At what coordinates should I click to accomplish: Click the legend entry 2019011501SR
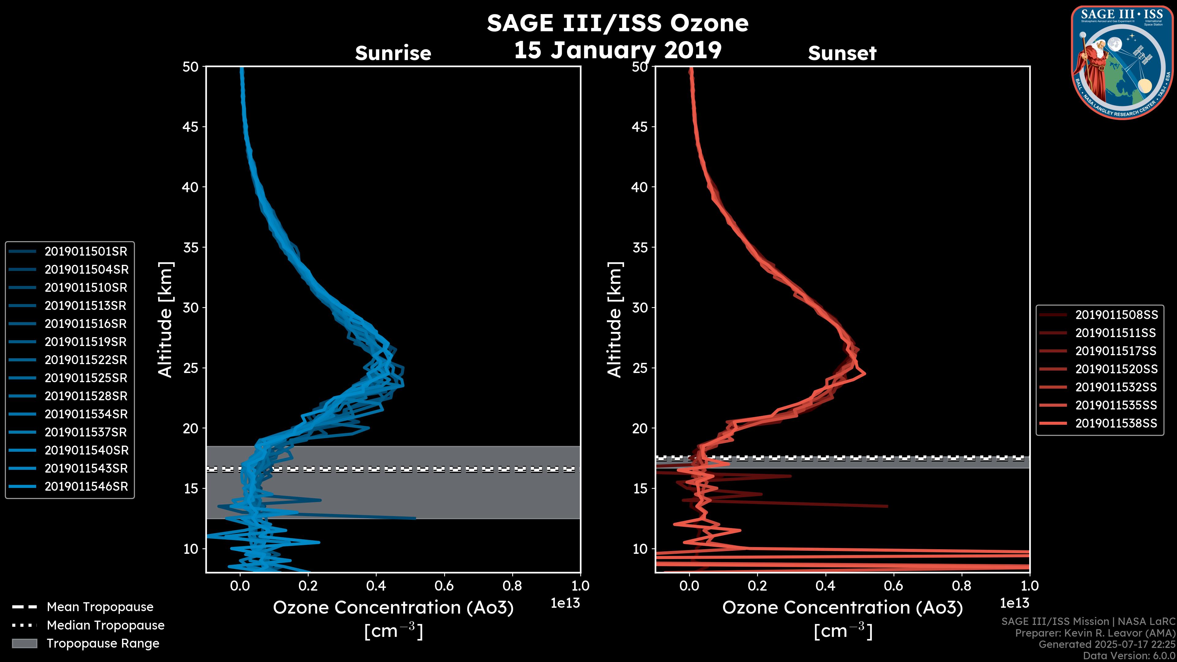click(x=86, y=251)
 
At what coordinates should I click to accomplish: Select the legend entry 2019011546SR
click(x=86, y=487)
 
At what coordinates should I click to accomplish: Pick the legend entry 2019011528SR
click(x=86, y=396)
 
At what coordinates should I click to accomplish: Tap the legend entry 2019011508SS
click(x=1116, y=315)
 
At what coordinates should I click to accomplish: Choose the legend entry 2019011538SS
click(x=1116, y=424)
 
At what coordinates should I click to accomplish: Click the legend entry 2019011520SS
click(x=1116, y=369)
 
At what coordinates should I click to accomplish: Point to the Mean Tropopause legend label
click(x=100, y=607)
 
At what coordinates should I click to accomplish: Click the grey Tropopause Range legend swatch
click(x=24, y=643)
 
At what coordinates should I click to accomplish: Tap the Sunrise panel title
click(x=393, y=53)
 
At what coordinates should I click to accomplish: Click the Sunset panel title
click(x=842, y=53)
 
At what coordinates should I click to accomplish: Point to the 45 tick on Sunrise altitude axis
click(x=191, y=127)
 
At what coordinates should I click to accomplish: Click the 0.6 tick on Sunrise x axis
click(x=444, y=586)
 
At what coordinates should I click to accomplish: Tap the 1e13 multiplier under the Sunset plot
click(x=1014, y=603)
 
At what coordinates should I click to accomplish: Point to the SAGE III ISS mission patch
click(x=1122, y=63)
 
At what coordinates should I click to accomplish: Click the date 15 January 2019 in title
click(x=618, y=50)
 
